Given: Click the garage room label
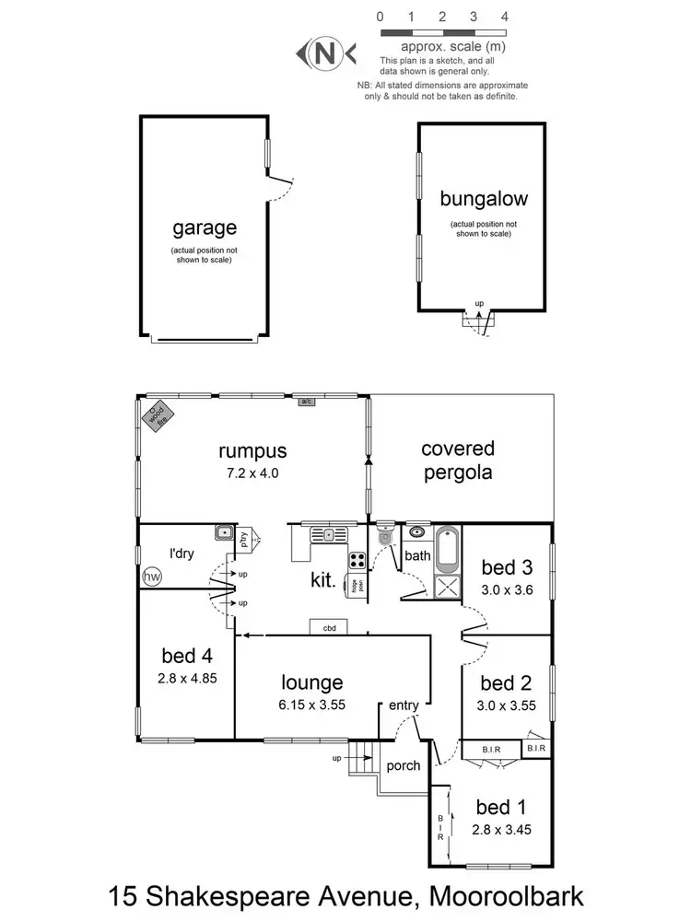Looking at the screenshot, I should coord(205,227).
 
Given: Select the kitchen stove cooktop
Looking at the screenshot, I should coord(357,560).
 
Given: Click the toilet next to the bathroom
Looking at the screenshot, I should coord(385,538).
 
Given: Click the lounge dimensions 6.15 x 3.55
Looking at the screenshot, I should coord(312,706).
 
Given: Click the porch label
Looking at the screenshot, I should coord(404,765).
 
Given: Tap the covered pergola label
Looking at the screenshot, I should coord(458,460).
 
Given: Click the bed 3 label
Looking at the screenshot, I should coord(506,566).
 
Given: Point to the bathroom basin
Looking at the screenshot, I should coord(416,531).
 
